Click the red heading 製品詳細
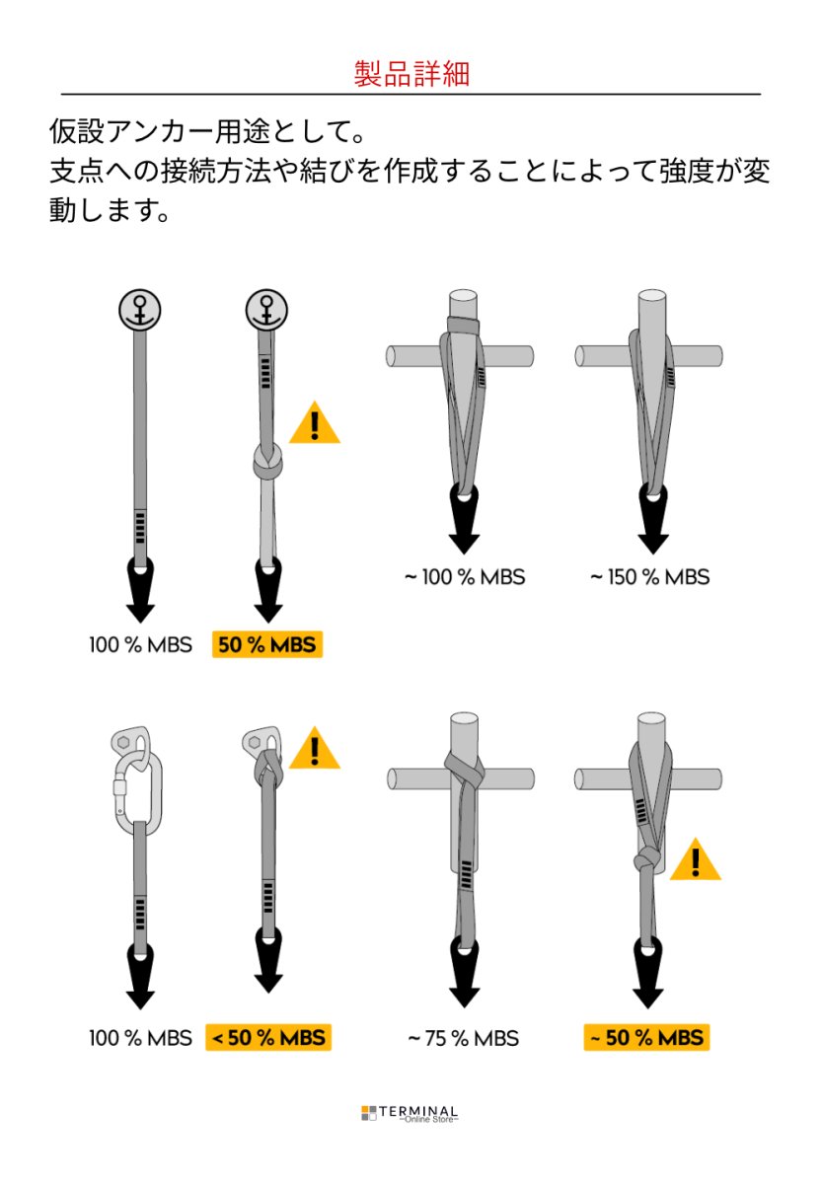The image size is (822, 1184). (x=411, y=73)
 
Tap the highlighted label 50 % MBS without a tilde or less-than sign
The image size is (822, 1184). (x=267, y=644)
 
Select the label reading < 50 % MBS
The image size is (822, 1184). (x=268, y=1038)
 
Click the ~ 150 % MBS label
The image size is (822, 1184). (x=649, y=576)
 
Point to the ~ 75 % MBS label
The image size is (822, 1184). (x=463, y=1038)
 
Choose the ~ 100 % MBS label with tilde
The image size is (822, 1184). (x=465, y=576)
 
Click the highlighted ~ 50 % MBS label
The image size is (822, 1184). (x=646, y=1038)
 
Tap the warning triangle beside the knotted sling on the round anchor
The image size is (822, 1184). (x=315, y=423)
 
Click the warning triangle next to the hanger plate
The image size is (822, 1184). (x=315, y=749)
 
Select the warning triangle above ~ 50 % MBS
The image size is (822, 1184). (x=695, y=860)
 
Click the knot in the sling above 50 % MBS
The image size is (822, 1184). (x=267, y=463)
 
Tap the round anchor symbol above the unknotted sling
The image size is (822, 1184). (x=139, y=309)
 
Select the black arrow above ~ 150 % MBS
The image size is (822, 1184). (x=653, y=519)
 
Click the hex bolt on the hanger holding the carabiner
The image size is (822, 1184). (x=123, y=742)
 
